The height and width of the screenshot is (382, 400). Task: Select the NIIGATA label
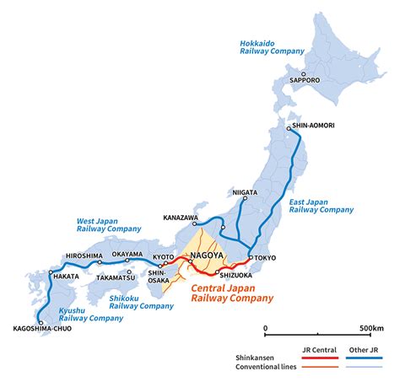click(x=244, y=192)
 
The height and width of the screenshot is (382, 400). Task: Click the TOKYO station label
click(x=268, y=258)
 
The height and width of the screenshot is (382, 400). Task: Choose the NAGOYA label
click(x=208, y=256)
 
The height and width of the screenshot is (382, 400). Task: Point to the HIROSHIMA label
click(x=84, y=256)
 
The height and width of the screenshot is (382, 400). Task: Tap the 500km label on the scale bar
click(x=370, y=328)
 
